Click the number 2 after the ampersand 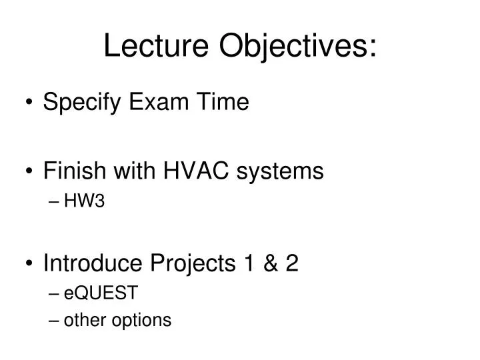coord(292,264)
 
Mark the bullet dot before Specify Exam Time coord(29,103)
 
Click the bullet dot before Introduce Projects coord(29,265)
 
